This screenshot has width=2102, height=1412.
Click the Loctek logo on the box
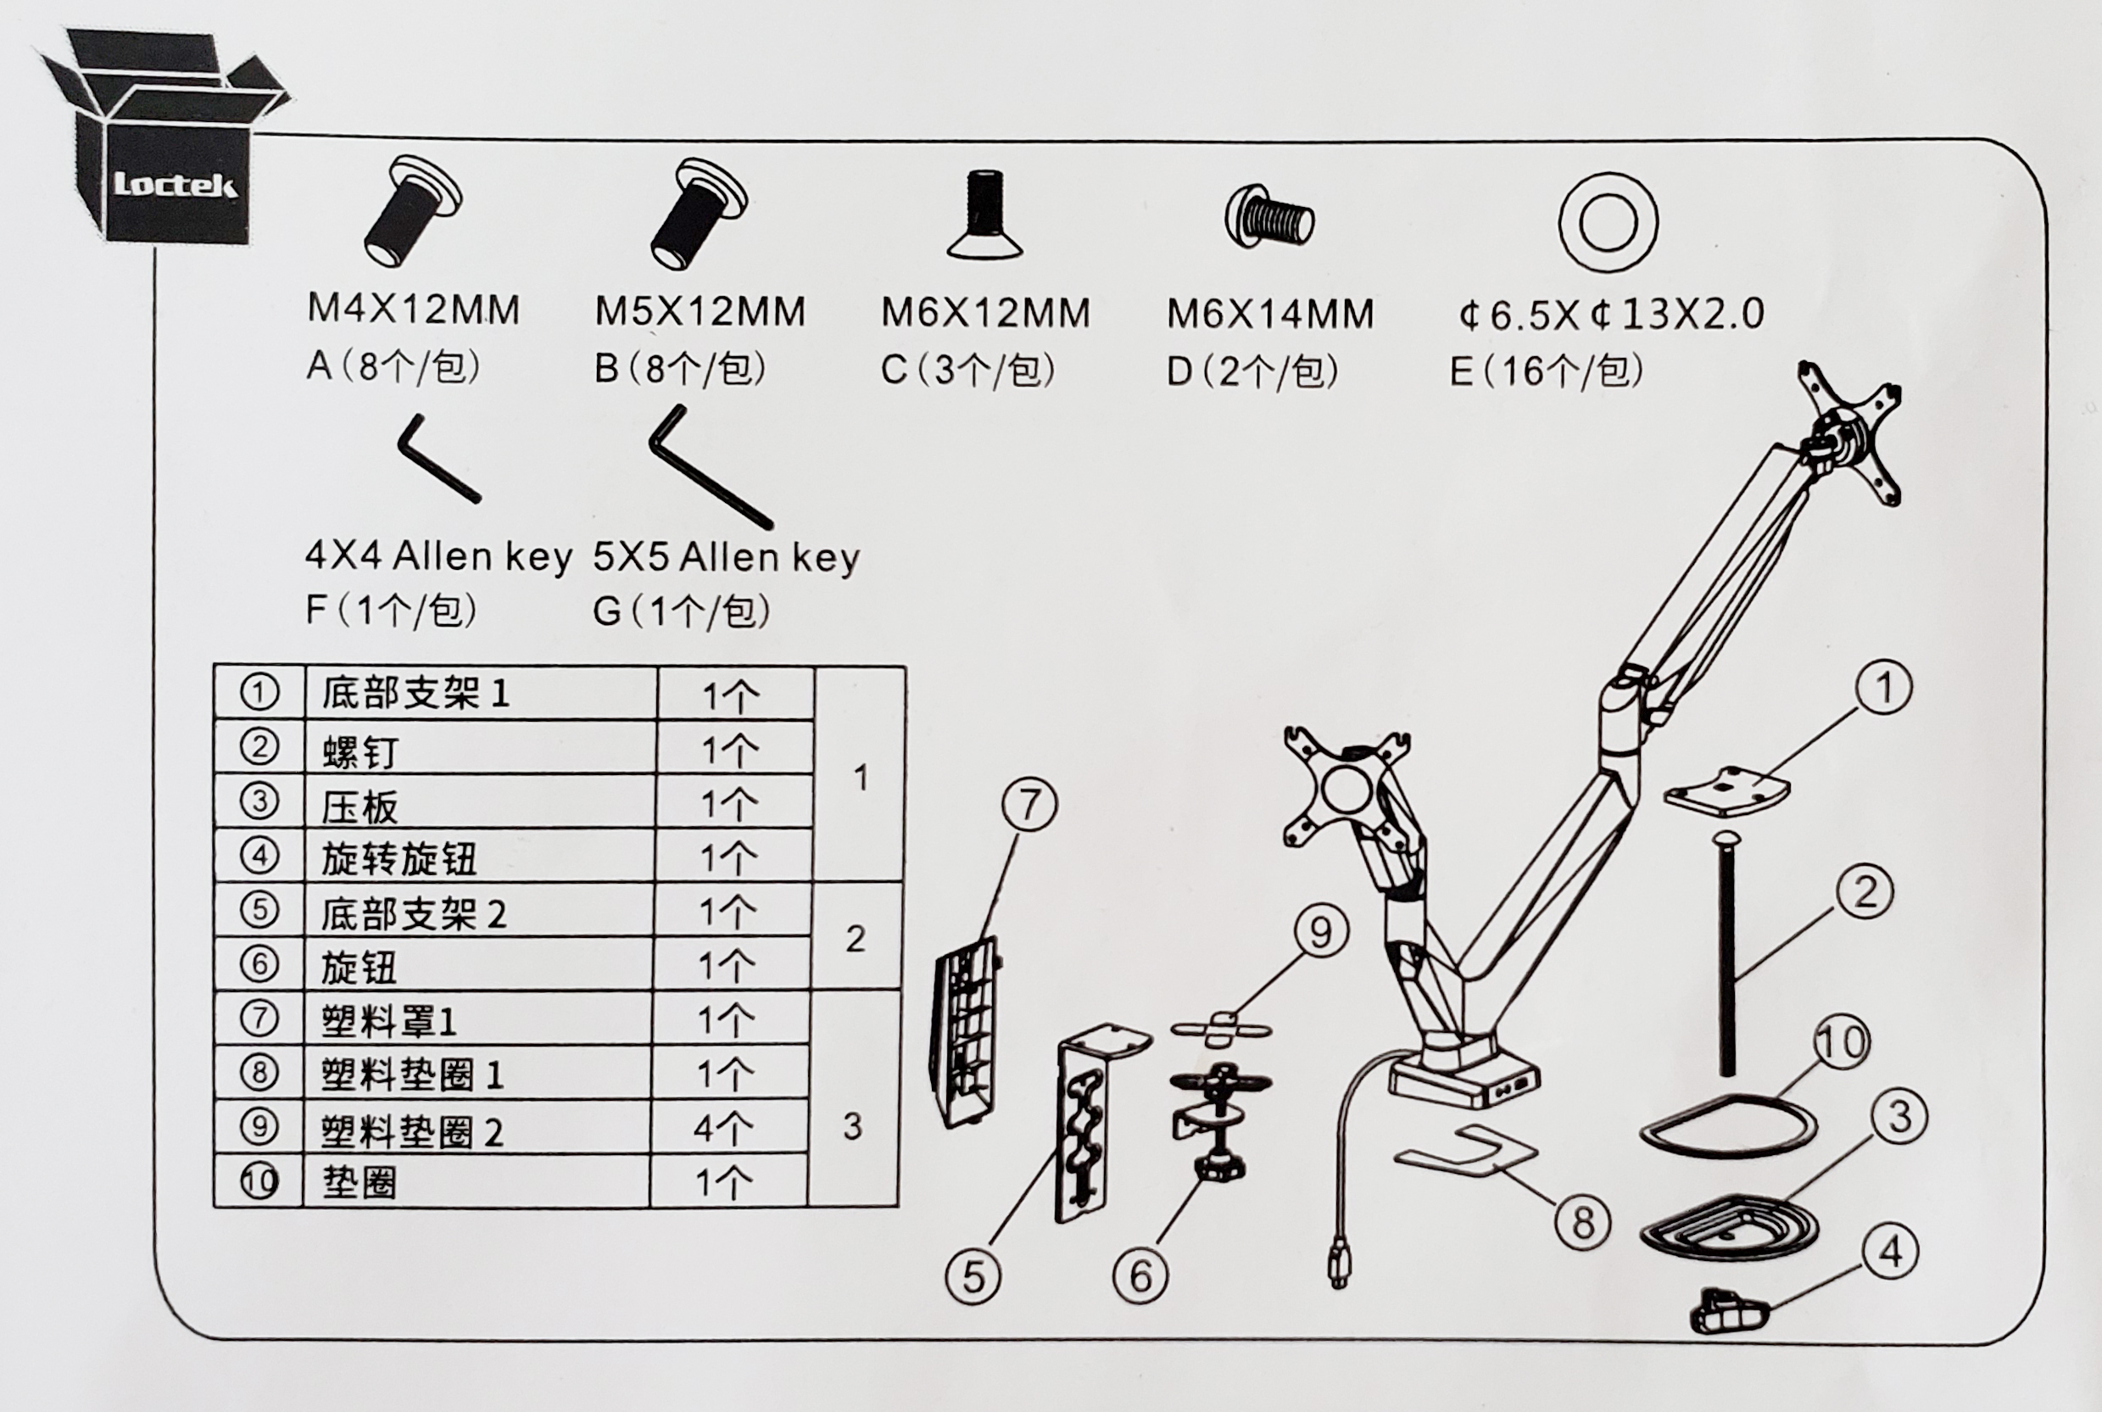click(175, 185)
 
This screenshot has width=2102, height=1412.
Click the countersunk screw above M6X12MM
click(984, 216)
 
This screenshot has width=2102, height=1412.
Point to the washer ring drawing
click(1608, 222)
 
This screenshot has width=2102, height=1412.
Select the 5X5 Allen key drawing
click(709, 467)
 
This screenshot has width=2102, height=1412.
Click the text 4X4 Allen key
click(438, 555)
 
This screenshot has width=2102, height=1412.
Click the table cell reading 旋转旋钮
click(399, 858)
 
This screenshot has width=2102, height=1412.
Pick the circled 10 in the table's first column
click(259, 1180)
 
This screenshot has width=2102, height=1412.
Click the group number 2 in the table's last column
click(856, 938)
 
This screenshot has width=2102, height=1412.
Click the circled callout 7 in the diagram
click(1030, 805)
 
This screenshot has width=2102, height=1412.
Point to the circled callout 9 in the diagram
click(1320, 932)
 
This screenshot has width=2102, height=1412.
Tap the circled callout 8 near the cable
click(1582, 1222)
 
